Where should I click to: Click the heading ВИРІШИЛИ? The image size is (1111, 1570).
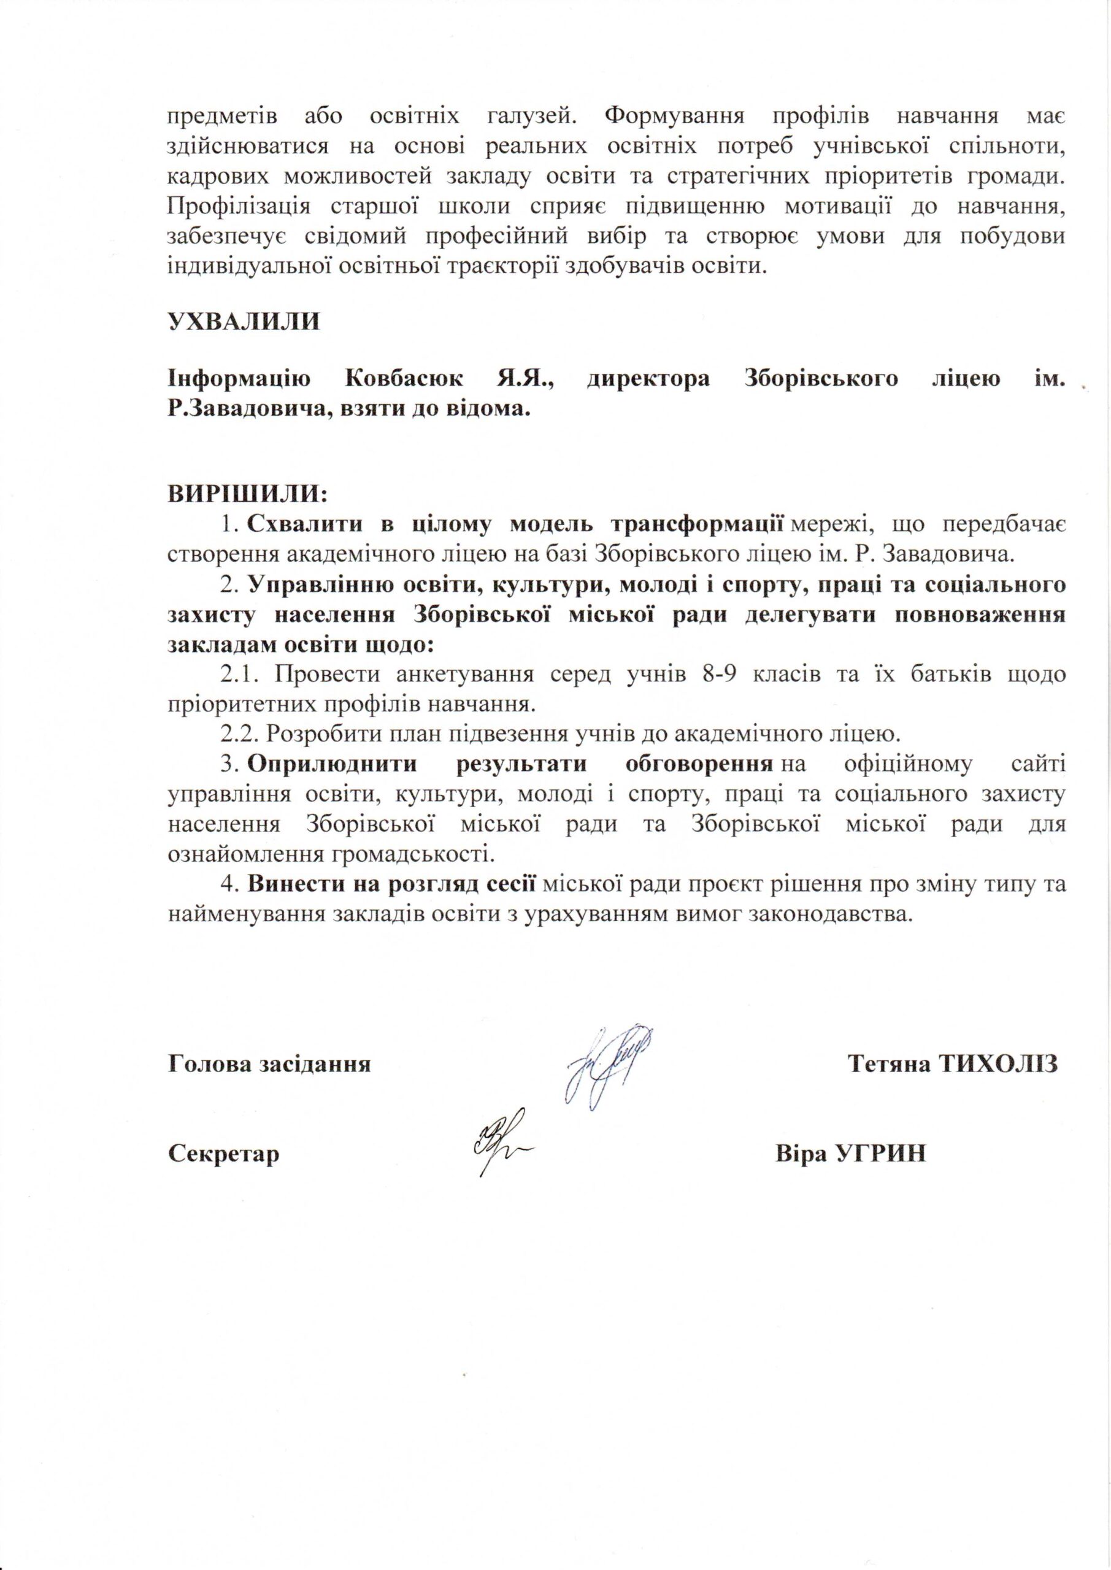click(248, 492)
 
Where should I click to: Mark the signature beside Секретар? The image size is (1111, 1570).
click(499, 1149)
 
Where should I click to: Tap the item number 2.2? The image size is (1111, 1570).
click(239, 734)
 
